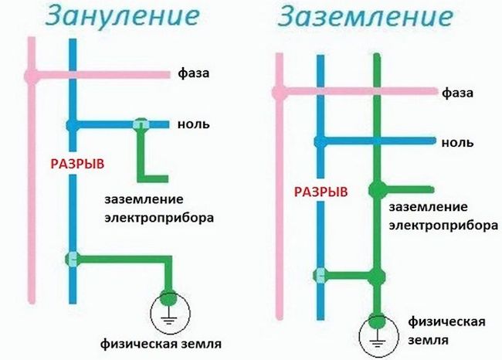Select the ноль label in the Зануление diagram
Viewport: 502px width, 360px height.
point(193,124)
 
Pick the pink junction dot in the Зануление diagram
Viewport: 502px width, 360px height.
point(31,76)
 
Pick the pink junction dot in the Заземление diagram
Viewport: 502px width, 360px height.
point(279,92)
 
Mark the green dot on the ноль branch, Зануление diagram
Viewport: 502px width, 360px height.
point(141,124)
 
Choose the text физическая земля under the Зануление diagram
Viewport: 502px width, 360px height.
point(158,341)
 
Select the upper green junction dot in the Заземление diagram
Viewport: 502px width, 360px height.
point(377,189)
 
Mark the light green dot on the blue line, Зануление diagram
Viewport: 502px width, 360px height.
point(72,259)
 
